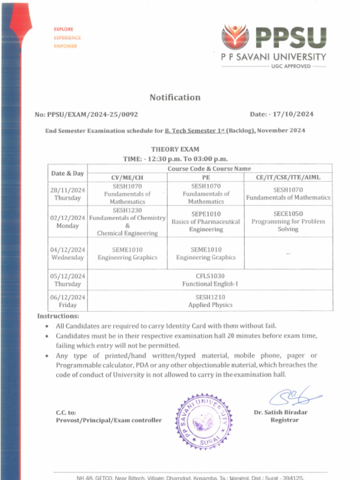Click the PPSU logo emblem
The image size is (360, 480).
tap(235, 37)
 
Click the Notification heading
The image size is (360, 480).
tap(175, 97)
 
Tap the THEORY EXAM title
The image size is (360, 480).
tap(175, 150)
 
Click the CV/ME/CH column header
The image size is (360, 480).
tap(127, 177)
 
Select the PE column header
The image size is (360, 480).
tap(206, 177)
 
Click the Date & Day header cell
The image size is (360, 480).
tap(67, 173)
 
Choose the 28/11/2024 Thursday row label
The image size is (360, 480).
tap(67, 194)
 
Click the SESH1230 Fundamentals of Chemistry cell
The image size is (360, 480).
tap(127, 222)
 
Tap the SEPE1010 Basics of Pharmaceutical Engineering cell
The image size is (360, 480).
tap(206, 222)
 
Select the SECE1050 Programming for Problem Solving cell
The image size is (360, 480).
tap(288, 222)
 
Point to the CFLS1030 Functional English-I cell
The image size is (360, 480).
tap(210, 280)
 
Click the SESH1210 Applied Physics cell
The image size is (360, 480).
tap(210, 301)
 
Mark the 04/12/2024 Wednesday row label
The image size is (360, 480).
tap(67, 254)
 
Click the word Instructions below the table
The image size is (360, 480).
tap(58, 316)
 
